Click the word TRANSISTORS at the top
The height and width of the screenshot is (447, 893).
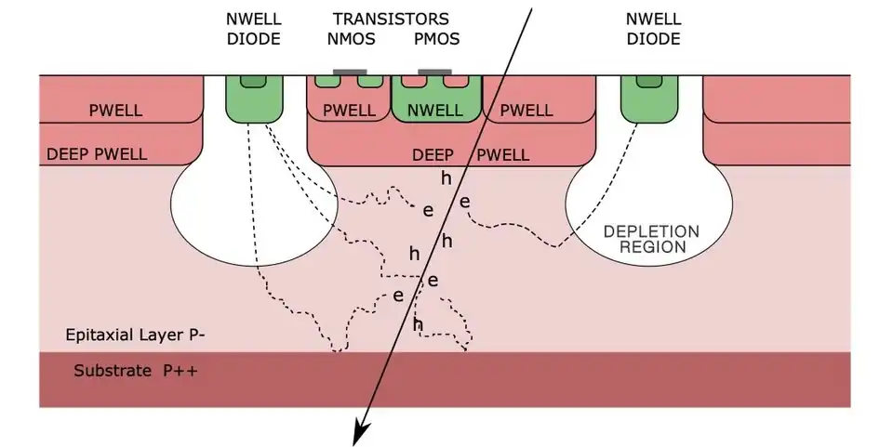pyautogui.click(x=391, y=19)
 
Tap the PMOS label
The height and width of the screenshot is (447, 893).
pyautogui.click(x=436, y=39)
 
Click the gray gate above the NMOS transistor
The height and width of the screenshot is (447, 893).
pyautogui.click(x=349, y=72)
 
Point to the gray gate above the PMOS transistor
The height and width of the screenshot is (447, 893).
pyautogui.click(x=435, y=72)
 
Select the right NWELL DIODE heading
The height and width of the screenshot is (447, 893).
pyautogui.click(x=652, y=29)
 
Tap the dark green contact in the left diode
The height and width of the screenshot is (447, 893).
pyautogui.click(x=252, y=82)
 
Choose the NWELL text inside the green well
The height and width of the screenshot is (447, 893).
pyautogui.click(x=435, y=111)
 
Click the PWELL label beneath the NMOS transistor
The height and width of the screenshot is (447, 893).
pyautogui.click(x=349, y=111)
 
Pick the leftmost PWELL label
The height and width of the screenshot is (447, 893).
pyautogui.click(x=115, y=111)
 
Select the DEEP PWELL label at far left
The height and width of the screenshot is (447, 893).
pyautogui.click(x=97, y=154)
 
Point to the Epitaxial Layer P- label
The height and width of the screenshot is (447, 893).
pyautogui.click(x=135, y=335)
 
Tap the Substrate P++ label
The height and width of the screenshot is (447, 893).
pyautogui.click(x=135, y=372)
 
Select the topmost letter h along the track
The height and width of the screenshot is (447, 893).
pyautogui.click(x=446, y=177)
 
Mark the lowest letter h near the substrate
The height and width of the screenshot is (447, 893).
pyautogui.click(x=418, y=324)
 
